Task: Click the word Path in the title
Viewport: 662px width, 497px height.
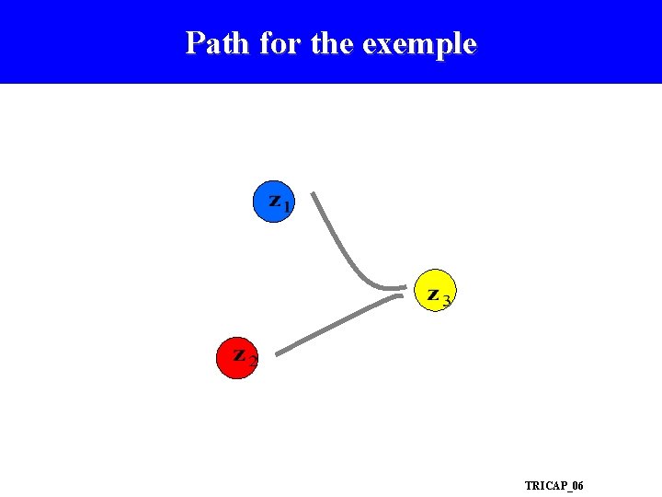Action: (x=218, y=43)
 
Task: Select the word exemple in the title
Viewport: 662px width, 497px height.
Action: (x=419, y=44)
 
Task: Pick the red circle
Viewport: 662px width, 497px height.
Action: (x=237, y=357)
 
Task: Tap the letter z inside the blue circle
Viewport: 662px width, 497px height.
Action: (x=274, y=199)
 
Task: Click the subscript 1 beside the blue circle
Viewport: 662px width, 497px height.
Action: (x=287, y=207)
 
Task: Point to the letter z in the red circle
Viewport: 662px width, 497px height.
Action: (x=239, y=354)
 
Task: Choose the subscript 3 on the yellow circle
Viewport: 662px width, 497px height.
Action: (x=446, y=301)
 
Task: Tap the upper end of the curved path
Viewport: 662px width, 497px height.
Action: (x=314, y=194)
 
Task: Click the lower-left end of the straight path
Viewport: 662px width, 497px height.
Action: (x=278, y=353)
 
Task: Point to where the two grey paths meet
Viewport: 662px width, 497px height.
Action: (x=403, y=290)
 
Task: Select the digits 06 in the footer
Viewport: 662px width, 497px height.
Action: (x=576, y=485)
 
